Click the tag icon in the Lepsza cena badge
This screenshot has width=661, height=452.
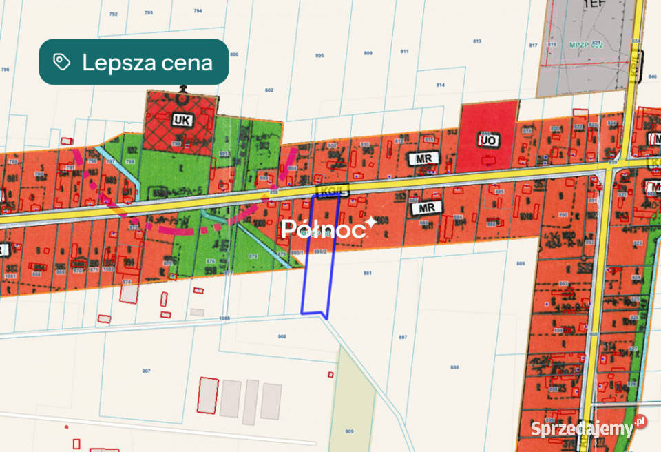(62, 63)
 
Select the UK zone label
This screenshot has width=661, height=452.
(182, 120)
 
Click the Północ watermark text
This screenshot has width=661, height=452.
(324, 229)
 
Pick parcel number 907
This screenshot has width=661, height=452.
(146, 371)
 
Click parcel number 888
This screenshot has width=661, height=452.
(454, 367)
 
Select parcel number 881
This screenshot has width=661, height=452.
(367, 274)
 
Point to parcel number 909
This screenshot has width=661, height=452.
(349, 431)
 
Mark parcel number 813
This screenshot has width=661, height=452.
(476, 41)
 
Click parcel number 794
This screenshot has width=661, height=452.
(198, 11)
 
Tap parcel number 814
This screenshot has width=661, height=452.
(441, 85)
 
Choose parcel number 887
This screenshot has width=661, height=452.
(403, 337)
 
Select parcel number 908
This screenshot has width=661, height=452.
(282, 336)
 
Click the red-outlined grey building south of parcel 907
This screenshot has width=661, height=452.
(208, 396)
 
